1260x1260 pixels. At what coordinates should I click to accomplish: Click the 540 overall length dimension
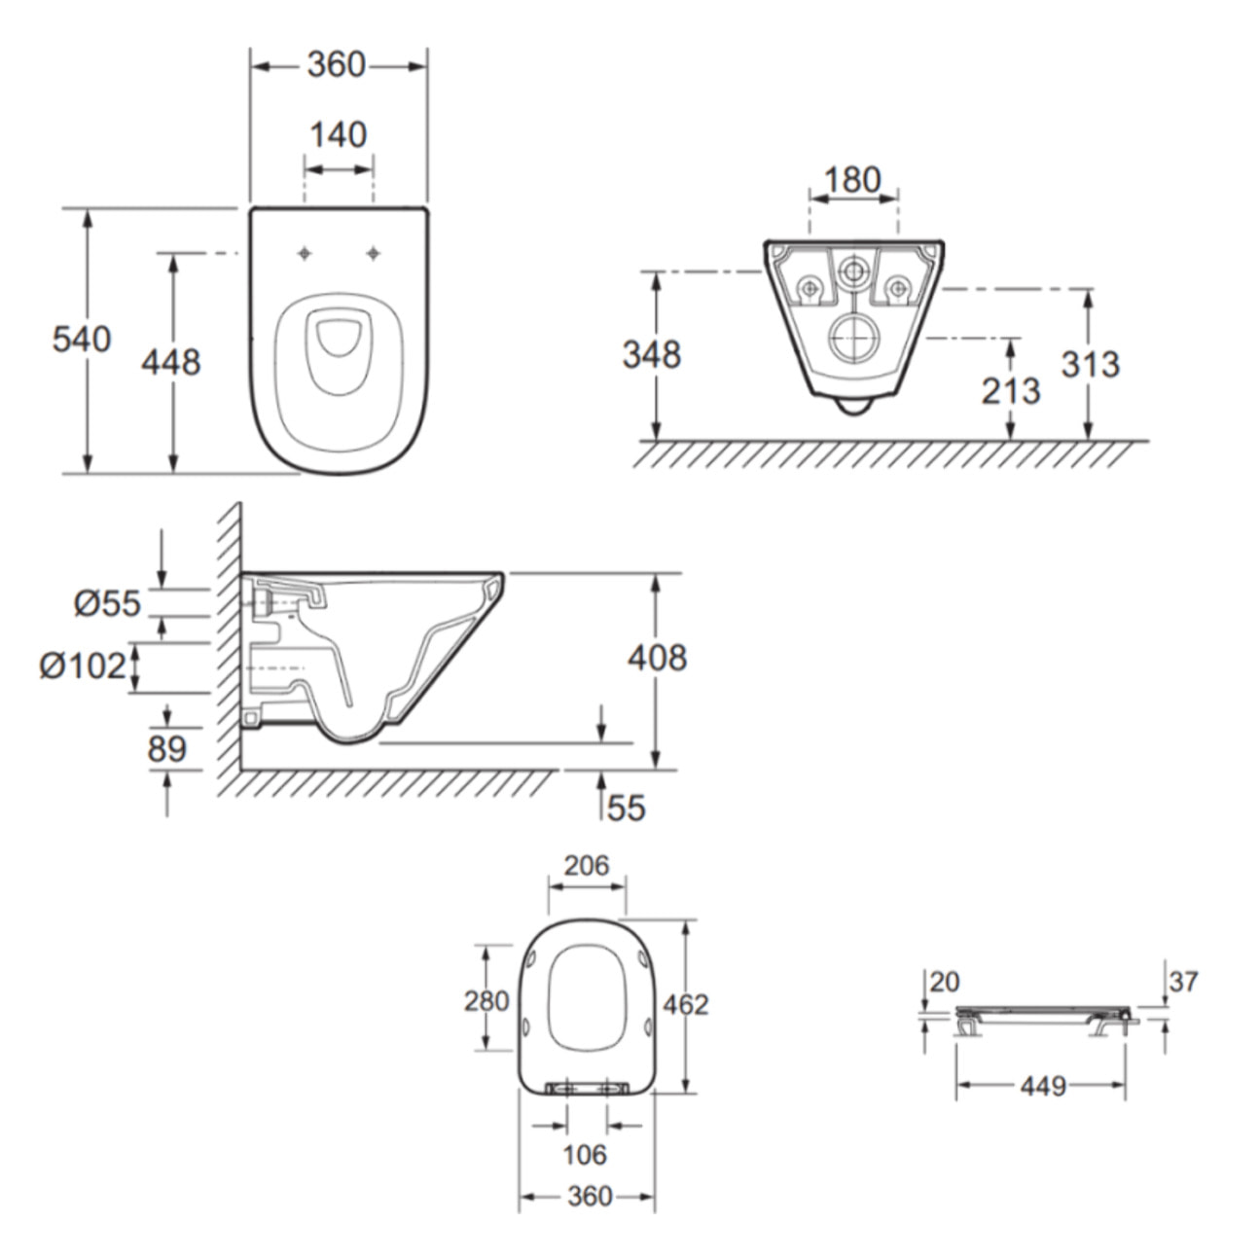point(82,340)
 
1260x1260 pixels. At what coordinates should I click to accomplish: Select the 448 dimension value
point(171,362)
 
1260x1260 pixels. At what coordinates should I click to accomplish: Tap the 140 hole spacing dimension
point(338,134)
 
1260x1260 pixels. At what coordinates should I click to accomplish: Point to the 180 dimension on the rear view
point(852,180)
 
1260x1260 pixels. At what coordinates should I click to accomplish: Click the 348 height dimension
point(651,355)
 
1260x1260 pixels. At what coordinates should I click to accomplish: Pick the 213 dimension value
point(1010,391)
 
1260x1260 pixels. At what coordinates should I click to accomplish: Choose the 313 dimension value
point(1091,365)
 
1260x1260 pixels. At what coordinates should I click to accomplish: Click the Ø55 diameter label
point(107,604)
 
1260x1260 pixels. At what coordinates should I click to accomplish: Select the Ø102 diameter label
point(84,666)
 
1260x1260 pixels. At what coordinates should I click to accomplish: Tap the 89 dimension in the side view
point(167,749)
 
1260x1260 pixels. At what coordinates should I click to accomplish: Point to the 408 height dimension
point(657,659)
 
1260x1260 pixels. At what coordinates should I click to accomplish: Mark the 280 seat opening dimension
point(486,1000)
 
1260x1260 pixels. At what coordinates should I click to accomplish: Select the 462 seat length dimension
point(686,1004)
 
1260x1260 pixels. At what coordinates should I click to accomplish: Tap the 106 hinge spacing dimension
point(585,1155)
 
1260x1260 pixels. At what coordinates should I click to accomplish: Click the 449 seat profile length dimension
point(1043,1085)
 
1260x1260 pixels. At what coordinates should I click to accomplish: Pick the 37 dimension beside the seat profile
point(1183,982)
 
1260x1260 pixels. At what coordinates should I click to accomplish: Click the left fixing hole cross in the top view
point(306,254)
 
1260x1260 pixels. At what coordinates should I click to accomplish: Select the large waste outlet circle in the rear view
point(853,338)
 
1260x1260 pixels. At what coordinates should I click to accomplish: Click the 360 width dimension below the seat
point(589,1196)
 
